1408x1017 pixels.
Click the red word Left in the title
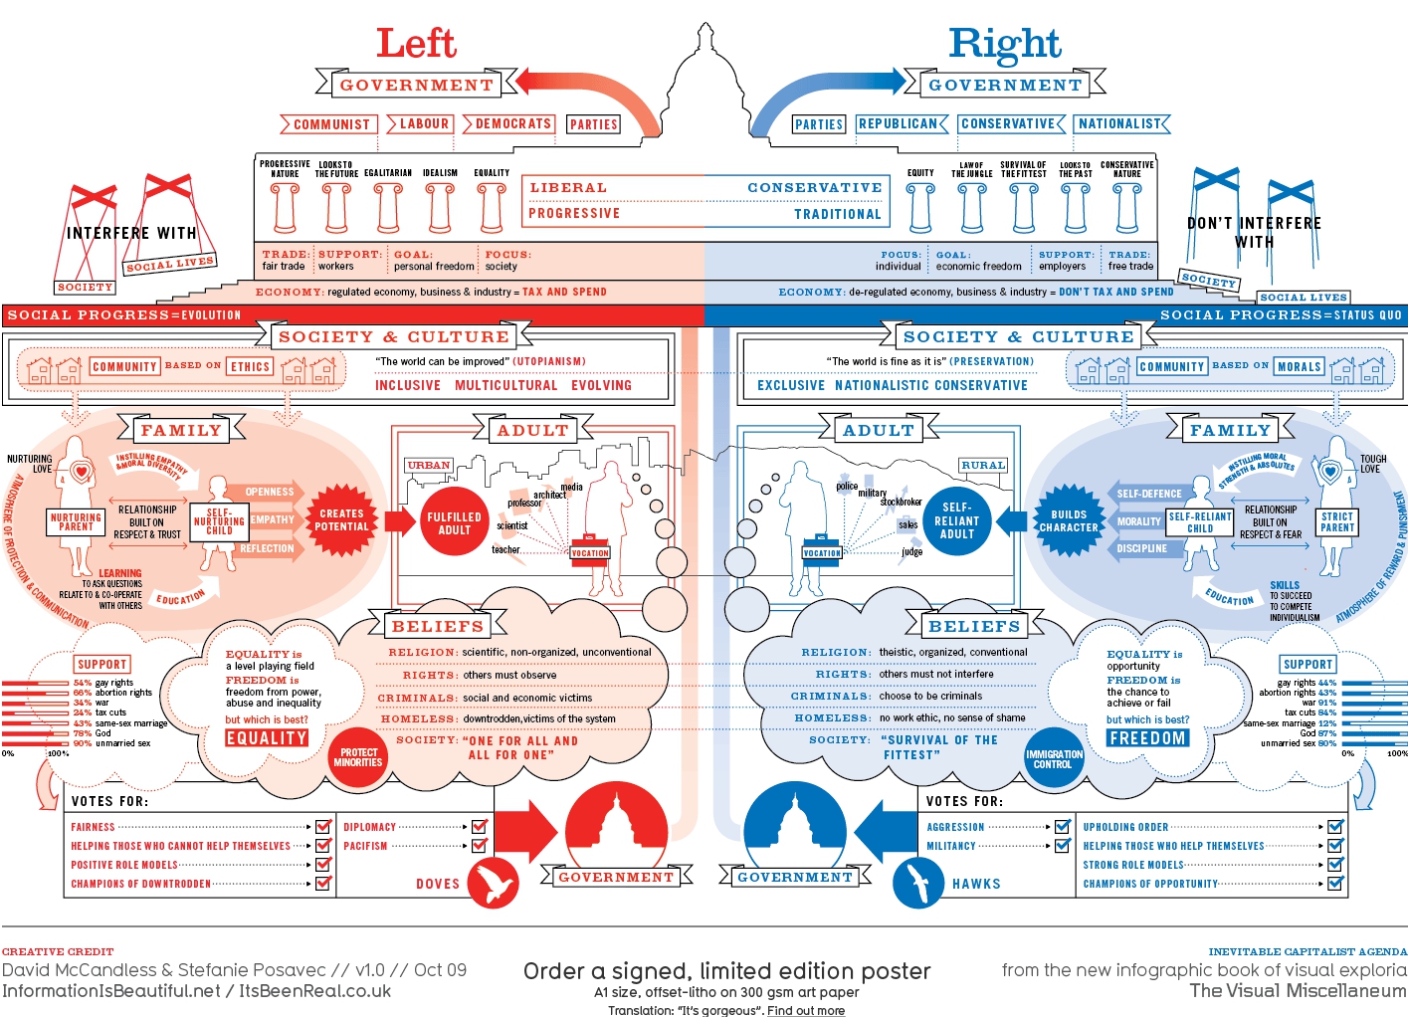[x=416, y=43]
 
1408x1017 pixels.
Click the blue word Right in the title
[x=1004, y=44]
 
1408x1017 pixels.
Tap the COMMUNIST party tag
[x=330, y=124]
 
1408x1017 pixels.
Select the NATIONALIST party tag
[x=1120, y=124]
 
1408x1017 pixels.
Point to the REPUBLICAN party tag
[x=899, y=124]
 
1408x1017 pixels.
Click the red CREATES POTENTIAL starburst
[x=341, y=520]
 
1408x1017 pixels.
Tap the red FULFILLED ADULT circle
[x=454, y=522]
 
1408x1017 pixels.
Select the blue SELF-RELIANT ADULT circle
[x=957, y=520]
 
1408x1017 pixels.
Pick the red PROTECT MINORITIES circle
[x=358, y=757]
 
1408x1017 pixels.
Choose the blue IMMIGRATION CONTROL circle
[x=1053, y=759]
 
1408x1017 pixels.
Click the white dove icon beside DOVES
[x=494, y=883]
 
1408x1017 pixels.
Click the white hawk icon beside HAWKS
[x=918, y=883]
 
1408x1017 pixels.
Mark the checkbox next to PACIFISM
[x=479, y=846]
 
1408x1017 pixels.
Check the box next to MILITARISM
[x=1062, y=846]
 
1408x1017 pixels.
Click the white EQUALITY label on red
[x=266, y=738]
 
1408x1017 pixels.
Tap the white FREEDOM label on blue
[x=1147, y=738]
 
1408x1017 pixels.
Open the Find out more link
[x=806, y=1011]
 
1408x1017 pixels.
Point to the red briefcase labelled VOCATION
[x=589, y=551]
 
